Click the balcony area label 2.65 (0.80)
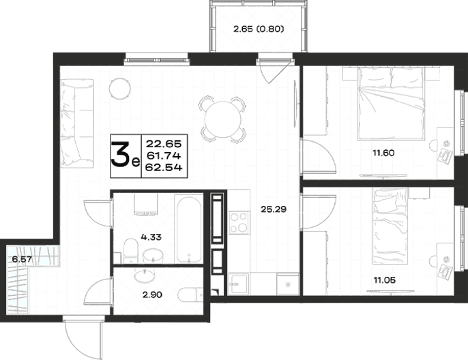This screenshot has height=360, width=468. tap(259, 29)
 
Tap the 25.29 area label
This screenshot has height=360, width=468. tap(274, 209)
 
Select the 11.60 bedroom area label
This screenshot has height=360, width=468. tap(383, 153)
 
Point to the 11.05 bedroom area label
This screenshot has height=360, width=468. tap(385, 280)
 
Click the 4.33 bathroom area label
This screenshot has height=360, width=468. tap(151, 237)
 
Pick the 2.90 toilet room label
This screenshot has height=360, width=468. tap(152, 295)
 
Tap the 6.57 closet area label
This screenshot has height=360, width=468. tap(22, 260)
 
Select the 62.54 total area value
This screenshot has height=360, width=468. tap(164, 168)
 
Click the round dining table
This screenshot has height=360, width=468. tap(223, 119)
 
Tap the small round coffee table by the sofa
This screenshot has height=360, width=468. tap(119, 88)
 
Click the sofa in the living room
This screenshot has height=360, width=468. tap(77, 123)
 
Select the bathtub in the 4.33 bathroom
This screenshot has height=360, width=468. tap(188, 229)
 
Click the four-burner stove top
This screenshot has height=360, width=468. tap(239, 222)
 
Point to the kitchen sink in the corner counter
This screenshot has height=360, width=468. tap(238, 284)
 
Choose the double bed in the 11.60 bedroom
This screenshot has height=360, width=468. tap(391, 103)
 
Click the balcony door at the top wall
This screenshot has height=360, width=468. tap(274, 71)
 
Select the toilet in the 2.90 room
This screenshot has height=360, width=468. tap(191, 295)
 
